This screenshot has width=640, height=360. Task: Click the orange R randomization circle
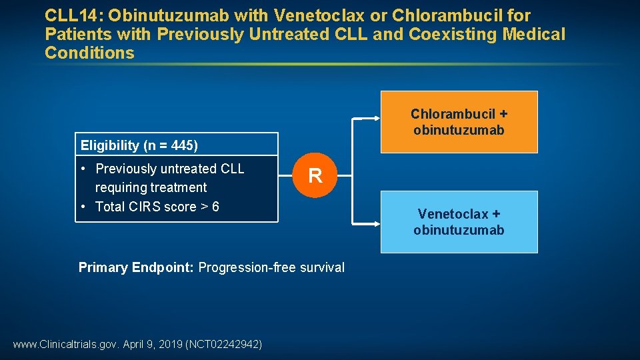tap(315, 176)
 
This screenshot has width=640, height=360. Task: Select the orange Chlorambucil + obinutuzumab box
tap(459, 122)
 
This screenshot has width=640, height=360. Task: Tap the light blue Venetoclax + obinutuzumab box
tap(459, 222)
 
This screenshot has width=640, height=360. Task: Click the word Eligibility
tap(110, 145)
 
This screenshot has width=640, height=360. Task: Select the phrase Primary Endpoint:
tap(136, 267)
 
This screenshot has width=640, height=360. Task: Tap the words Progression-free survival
tap(271, 267)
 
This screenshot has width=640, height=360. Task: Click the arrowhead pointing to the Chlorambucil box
tap(375, 118)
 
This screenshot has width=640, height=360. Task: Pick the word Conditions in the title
tap(89, 53)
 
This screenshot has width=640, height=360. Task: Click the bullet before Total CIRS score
tap(83, 207)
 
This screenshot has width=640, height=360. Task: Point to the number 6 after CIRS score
tap(215, 207)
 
